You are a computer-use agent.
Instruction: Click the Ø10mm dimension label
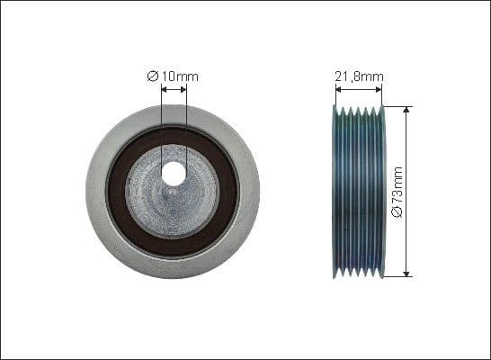173,76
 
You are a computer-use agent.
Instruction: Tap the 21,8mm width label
358,76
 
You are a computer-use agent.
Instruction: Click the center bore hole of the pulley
173,175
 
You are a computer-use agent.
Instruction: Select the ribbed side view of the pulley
358,191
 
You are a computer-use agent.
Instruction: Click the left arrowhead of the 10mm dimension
163,89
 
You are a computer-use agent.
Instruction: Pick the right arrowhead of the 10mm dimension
183,89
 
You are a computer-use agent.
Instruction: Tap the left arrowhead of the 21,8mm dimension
336,89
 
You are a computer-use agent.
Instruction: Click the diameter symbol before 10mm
152,76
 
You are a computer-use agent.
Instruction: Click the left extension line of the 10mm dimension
160,126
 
